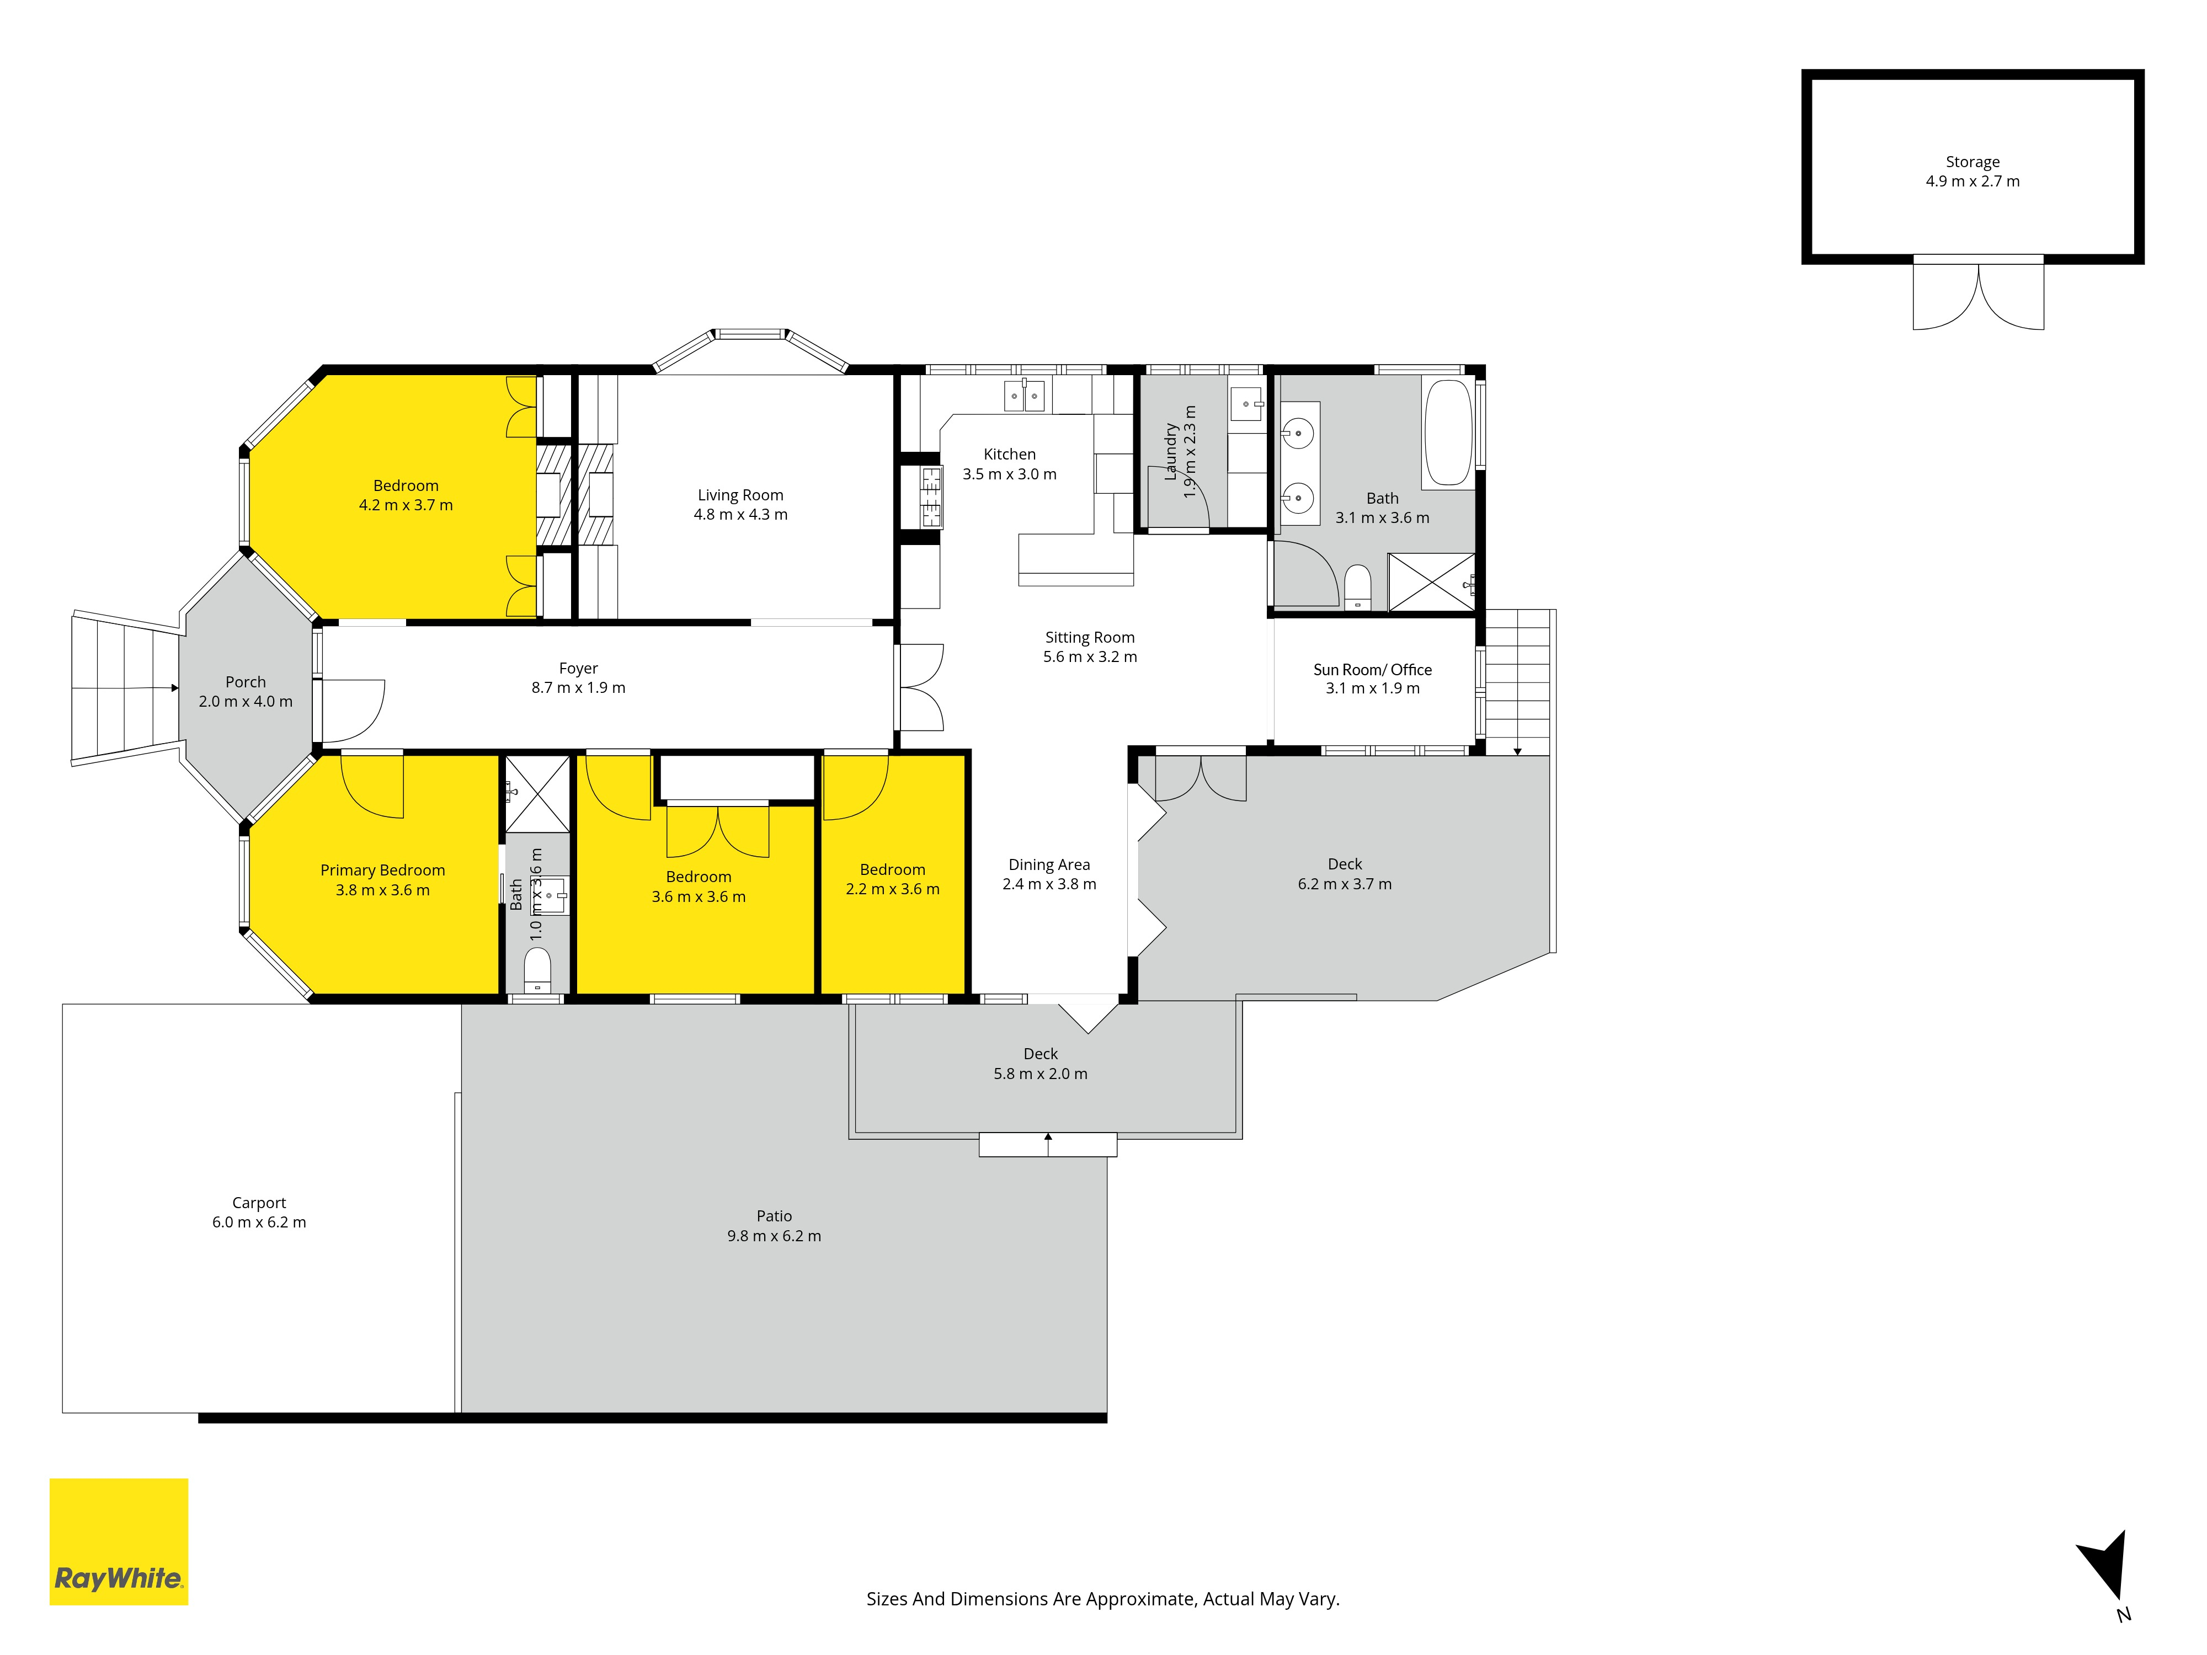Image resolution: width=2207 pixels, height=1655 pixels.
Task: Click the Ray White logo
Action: (x=119, y=1541)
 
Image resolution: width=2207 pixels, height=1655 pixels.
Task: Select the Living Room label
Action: (x=740, y=495)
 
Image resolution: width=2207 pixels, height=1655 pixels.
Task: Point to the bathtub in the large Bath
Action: (x=1448, y=433)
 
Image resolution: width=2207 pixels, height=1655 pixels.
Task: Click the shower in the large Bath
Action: (x=1431, y=581)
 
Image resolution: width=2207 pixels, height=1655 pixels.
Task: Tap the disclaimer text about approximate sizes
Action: (x=1102, y=1599)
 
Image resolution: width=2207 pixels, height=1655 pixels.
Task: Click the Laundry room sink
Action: (x=1246, y=404)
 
